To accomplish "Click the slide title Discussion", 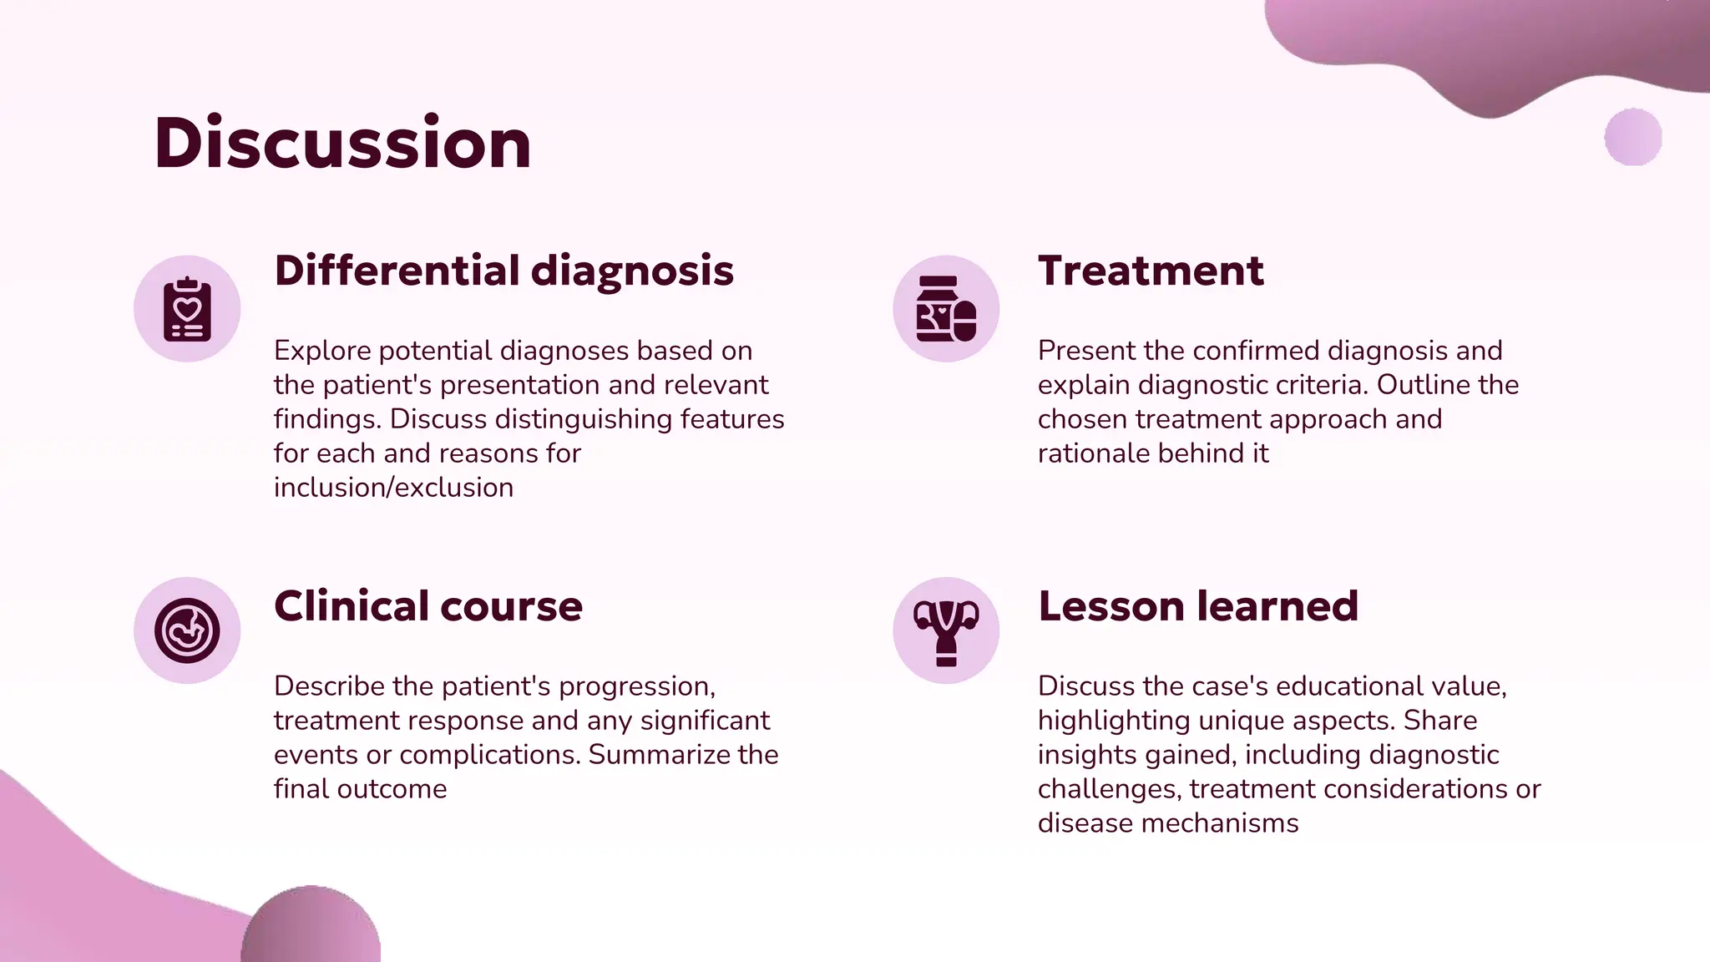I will [342, 143].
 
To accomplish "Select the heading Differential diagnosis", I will [503, 271].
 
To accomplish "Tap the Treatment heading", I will [1151, 271].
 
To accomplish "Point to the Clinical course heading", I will [427, 606].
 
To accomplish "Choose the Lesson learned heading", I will [1198, 606].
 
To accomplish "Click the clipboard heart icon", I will [187, 309].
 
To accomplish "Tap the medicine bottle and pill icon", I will [946, 309].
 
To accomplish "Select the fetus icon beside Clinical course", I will [187, 630].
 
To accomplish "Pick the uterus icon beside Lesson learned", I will [946, 630].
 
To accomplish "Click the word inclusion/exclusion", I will [393, 488].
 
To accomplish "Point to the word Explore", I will [322, 351].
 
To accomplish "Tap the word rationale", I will [1094, 453].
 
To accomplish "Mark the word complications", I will [488, 755].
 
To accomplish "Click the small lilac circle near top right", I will [1633, 137].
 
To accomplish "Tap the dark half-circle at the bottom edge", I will [311, 927].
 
